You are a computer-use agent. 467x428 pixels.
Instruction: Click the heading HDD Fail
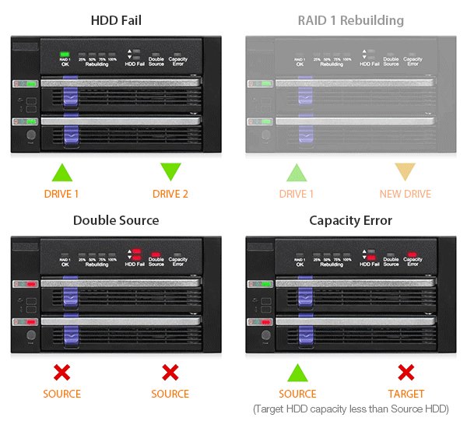[116, 20]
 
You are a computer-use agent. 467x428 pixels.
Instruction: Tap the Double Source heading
[116, 220]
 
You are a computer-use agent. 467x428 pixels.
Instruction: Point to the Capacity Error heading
[350, 220]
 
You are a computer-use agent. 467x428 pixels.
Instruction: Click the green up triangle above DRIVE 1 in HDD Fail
[61, 173]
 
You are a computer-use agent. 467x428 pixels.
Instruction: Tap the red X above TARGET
[406, 372]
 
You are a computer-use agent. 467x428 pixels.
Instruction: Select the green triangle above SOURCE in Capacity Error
[297, 372]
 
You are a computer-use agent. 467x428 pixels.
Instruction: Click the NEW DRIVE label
[406, 194]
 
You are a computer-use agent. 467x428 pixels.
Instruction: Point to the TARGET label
[406, 394]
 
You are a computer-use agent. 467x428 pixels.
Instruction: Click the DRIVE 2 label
[170, 194]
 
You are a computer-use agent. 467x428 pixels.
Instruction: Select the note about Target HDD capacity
[351, 409]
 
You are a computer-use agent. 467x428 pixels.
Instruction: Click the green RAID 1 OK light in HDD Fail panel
[65, 53]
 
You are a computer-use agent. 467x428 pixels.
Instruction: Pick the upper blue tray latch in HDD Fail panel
[71, 96]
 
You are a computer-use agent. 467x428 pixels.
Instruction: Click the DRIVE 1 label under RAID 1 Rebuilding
[297, 194]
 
